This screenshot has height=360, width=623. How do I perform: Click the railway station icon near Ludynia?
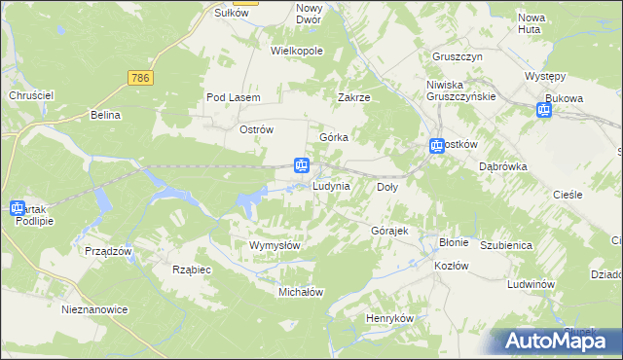pos(303,166)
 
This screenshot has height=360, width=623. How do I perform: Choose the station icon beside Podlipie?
pos(17,208)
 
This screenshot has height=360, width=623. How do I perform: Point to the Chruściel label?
pos(30,94)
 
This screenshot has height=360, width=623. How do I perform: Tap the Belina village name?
pos(104,115)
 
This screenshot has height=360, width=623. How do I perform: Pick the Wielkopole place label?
pos(297,51)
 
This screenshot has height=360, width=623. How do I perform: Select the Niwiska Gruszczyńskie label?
pos(461,90)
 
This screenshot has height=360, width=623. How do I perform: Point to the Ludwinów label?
pos(531,283)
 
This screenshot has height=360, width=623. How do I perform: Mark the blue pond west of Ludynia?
pos(250,202)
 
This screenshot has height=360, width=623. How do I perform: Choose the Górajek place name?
pos(389,231)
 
